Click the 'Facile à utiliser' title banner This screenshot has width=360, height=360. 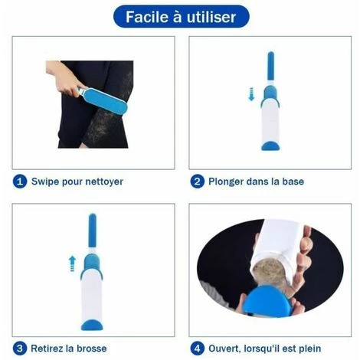pyautogui.click(x=181, y=17)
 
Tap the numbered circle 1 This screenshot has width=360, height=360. pyautogui.click(x=20, y=182)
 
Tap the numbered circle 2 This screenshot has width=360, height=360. pyautogui.click(x=197, y=182)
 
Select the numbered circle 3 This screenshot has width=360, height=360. pyautogui.click(x=20, y=349)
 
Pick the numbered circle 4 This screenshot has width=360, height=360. pyautogui.click(x=197, y=349)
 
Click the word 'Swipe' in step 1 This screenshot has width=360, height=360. pyautogui.click(x=45, y=182)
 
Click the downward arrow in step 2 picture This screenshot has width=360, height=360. pyautogui.click(x=251, y=93)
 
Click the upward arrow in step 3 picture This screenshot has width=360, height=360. pyautogui.click(x=72, y=263)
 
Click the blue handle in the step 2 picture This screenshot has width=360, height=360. pyautogui.click(x=270, y=66)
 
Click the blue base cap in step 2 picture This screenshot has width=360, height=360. pyautogui.click(x=270, y=146)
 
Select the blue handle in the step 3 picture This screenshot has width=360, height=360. pyautogui.click(x=92, y=231)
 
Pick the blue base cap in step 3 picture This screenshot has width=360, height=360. pyautogui.click(x=92, y=325)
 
